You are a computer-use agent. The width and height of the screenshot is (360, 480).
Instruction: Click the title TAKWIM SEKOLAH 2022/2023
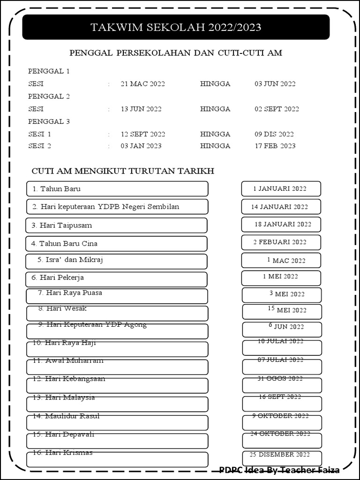(176, 28)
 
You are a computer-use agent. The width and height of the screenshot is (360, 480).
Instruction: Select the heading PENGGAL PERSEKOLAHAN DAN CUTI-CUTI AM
(176, 53)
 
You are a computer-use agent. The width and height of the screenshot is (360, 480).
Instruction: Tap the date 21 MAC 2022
(142, 84)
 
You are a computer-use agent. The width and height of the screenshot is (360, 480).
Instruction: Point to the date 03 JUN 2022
(275, 84)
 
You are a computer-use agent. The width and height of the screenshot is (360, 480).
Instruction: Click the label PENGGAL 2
(49, 97)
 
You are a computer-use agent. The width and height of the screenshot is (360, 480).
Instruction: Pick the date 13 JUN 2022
(141, 109)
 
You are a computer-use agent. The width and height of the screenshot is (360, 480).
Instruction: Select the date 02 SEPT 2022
(277, 109)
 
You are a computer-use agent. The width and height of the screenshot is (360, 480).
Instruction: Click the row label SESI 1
(39, 134)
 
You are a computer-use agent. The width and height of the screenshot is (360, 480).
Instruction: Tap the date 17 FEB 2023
(275, 146)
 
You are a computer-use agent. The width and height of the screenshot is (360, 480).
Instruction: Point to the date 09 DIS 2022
(274, 134)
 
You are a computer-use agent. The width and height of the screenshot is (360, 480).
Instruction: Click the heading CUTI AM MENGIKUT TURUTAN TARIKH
(123, 171)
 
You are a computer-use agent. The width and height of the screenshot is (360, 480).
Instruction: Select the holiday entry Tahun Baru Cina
(65, 244)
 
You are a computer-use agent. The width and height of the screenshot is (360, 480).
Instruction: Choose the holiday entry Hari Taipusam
(62, 225)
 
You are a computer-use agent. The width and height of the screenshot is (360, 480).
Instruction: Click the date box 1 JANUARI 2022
(281, 189)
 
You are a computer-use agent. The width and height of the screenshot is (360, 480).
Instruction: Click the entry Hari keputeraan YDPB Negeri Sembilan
(106, 207)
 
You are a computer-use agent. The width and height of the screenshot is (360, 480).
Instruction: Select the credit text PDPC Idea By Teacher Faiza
(279, 469)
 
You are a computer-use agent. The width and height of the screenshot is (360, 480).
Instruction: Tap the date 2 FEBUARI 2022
(280, 242)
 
